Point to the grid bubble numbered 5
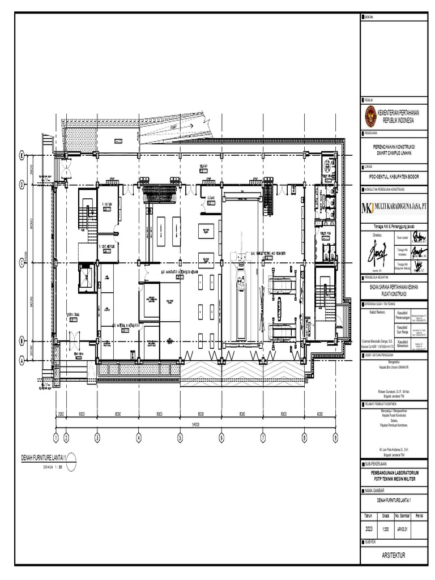pos(180,437)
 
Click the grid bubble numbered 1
pos(56,437)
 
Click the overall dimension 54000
pos(195,424)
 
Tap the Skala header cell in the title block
pos(385,515)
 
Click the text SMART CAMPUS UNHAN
pos(394,152)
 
